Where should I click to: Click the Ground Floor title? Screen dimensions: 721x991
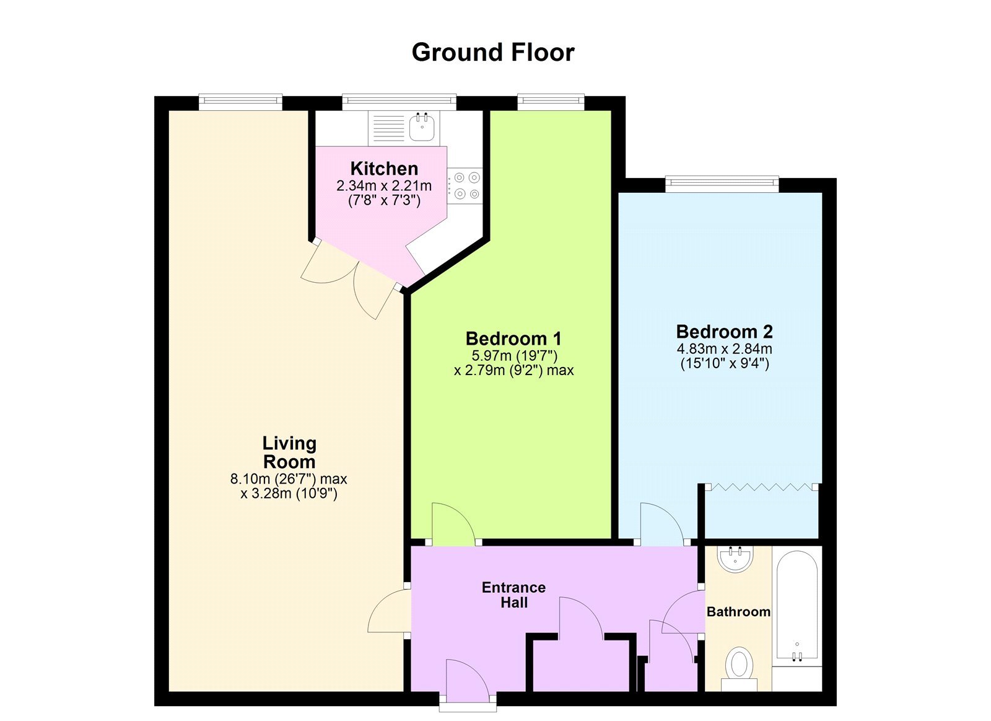pyautogui.click(x=493, y=53)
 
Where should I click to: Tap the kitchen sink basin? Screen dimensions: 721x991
pyautogui.click(x=422, y=128)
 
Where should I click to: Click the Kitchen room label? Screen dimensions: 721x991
pyautogui.click(x=384, y=169)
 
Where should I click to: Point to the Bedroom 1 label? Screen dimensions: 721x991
pyautogui.click(x=513, y=339)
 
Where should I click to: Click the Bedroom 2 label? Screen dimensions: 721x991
pyautogui.click(x=724, y=332)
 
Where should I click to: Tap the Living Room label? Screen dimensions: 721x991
pyautogui.click(x=289, y=453)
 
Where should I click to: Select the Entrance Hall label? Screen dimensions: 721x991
pyautogui.click(x=513, y=595)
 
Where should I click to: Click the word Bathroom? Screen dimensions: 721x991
pyautogui.click(x=738, y=612)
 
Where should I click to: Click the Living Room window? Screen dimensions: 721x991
pyautogui.click(x=240, y=100)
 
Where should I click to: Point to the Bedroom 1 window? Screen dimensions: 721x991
pyautogui.click(x=551, y=100)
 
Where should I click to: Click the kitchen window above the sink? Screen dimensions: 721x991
pyautogui.click(x=399, y=100)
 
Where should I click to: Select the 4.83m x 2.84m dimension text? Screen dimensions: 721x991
pyautogui.click(x=724, y=348)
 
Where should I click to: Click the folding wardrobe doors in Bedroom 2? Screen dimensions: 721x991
pyautogui.click(x=762, y=487)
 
